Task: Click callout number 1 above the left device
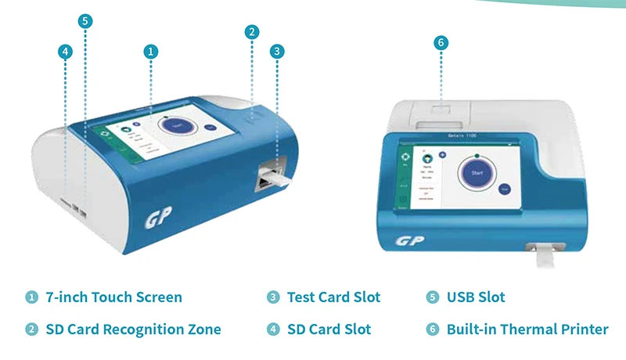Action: click(151, 52)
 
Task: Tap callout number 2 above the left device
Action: click(251, 32)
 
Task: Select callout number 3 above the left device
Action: click(276, 52)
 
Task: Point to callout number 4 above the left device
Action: click(66, 52)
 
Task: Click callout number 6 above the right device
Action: click(441, 43)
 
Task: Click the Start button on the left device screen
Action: click(175, 125)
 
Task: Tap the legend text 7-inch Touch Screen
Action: click(113, 297)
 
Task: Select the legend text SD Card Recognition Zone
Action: click(132, 329)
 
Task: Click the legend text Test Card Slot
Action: click(333, 297)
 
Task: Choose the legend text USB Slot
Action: click(475, 297)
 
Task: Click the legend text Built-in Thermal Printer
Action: click(527, 329)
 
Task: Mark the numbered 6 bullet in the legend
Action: click(433, 329)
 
